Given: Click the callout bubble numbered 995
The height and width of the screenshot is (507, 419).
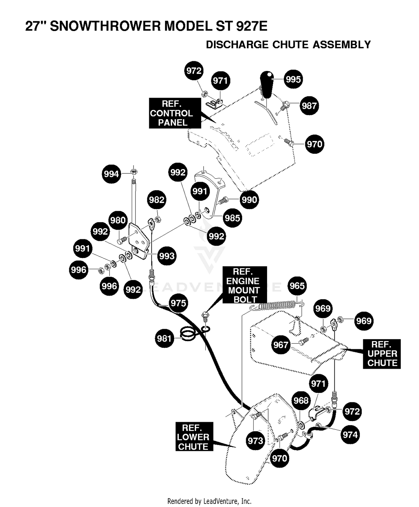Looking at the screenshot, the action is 293,79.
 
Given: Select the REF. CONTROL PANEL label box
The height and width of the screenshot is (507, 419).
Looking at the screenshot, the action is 175,113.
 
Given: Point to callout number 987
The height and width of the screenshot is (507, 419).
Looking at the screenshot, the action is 309,106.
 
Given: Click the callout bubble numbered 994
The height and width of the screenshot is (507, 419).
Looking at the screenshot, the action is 111,174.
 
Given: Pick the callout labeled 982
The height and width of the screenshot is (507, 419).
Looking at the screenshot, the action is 157,200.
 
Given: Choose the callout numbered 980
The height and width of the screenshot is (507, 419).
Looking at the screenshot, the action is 118,220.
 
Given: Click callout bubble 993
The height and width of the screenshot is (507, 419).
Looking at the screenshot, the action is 167,256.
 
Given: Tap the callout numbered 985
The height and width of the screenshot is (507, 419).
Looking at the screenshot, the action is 232,218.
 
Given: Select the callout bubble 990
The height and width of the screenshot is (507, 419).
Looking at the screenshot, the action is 249,200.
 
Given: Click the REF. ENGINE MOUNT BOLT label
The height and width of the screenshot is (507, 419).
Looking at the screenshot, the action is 245,285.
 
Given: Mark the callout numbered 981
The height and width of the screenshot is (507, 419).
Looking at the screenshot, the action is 164,338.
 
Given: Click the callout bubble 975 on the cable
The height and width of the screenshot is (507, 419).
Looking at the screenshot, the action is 178,303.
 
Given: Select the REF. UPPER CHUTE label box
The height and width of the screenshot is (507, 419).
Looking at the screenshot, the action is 382,354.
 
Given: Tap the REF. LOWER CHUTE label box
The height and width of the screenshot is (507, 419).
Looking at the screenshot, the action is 194,436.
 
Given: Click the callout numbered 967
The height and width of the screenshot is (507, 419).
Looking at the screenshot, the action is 280,345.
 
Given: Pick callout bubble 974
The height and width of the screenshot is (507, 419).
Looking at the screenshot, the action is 350,435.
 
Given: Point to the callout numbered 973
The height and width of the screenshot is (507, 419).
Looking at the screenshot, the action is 255,441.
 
